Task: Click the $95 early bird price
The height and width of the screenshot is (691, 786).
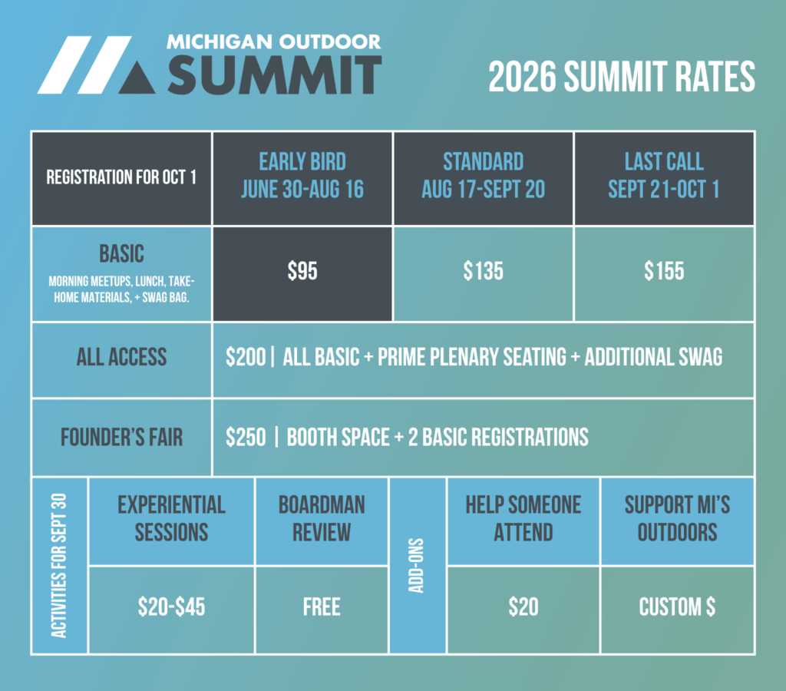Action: coord(302,271)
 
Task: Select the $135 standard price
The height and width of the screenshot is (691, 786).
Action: coord(484,271)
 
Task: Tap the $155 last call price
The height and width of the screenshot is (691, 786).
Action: coord(664,271)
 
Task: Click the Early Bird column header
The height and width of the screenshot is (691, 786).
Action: coord(302,176)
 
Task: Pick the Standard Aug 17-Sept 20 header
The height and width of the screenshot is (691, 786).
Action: coord(484,176)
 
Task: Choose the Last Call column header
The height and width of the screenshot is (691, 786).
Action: coord(664,176)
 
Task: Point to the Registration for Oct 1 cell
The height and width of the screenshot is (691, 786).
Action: coord(121,177)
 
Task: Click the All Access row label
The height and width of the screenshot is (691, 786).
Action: coord(121,357)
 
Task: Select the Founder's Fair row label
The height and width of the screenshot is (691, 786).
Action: coord(121,438)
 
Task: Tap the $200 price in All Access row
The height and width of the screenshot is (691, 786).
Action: coord(246,357)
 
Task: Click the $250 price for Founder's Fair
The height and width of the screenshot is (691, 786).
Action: coord(246,438)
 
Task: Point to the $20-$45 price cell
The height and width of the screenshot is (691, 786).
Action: coord(171,607)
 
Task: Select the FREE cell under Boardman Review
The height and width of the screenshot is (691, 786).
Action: coord(322,607)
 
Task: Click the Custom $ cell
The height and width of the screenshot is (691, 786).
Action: coord(677,607)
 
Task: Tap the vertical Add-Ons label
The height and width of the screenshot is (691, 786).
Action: coord(417,566)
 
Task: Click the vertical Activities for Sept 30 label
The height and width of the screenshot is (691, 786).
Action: coord(59,566)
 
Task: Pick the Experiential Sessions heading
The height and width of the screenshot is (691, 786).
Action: coord(171,518)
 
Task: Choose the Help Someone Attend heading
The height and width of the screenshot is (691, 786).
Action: coord(523,518)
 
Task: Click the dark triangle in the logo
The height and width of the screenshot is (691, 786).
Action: coord(137,79)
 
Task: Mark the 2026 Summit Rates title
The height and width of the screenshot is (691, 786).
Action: coord(622,77)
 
